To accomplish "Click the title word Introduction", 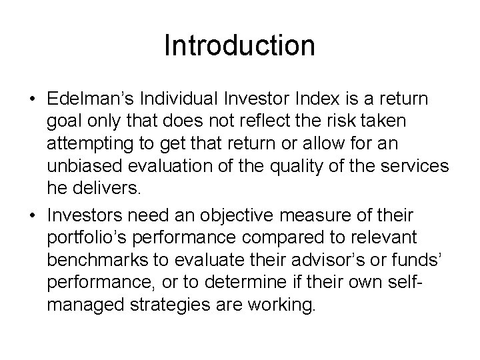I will tap(239, 46).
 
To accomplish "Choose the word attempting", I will tap(87, 142).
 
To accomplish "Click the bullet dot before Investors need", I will tap(33, 217).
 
